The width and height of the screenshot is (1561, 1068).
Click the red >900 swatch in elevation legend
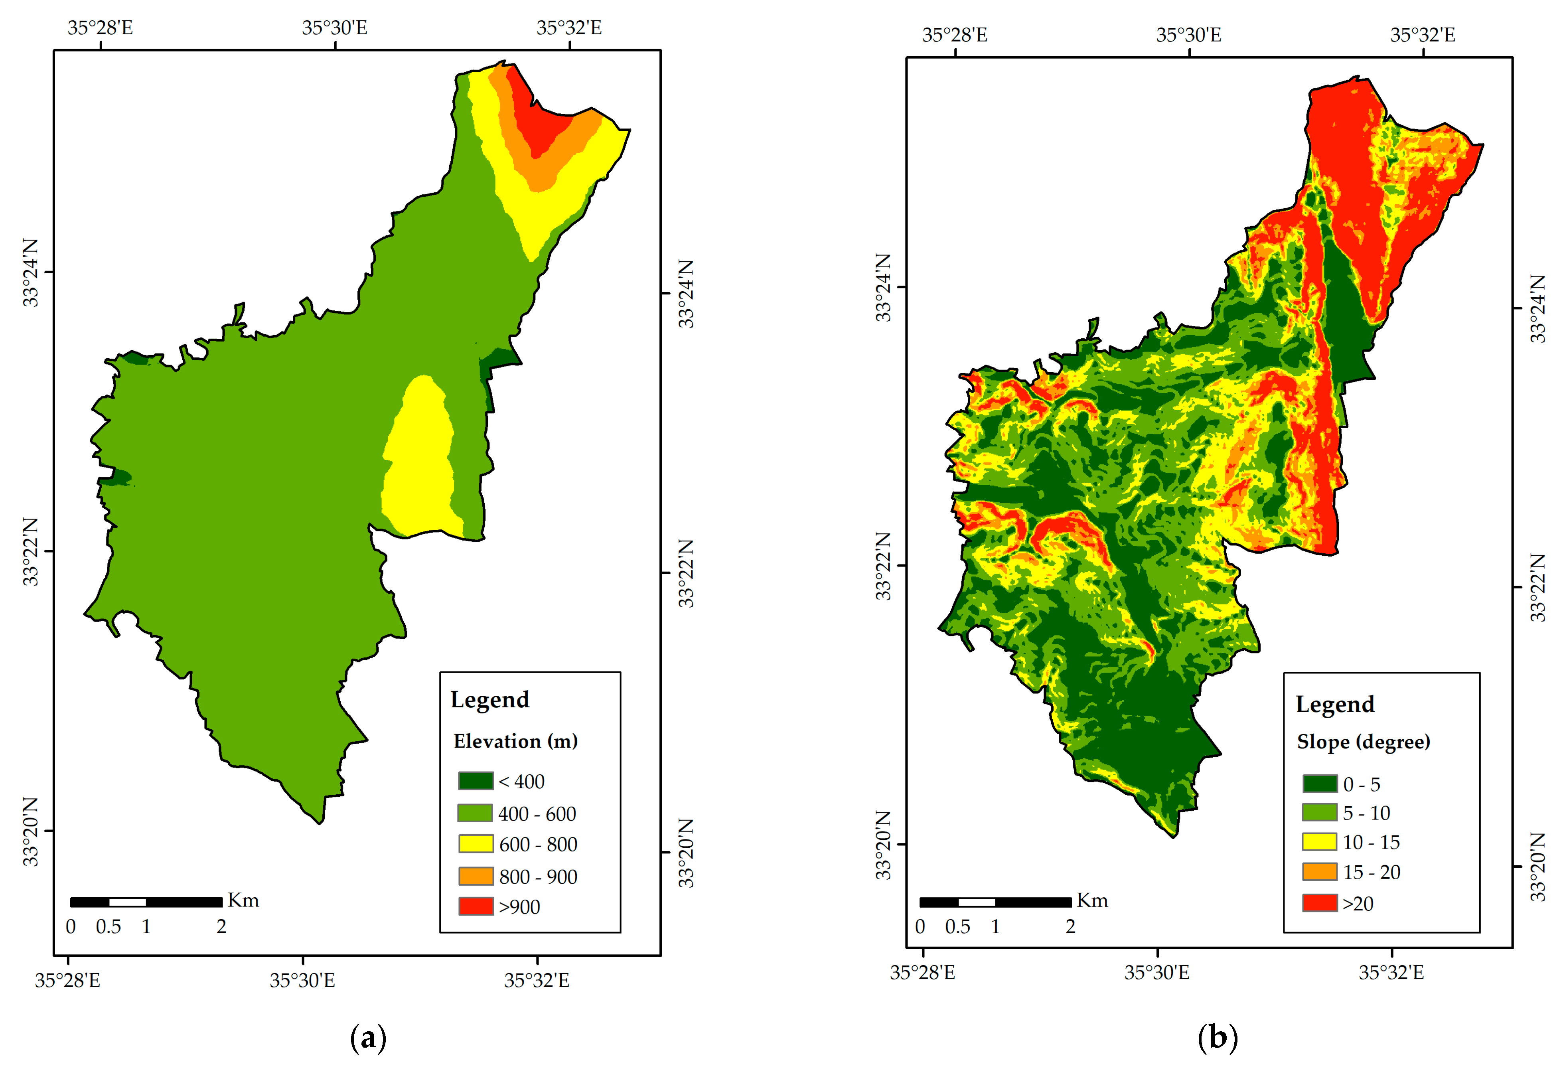click(476, 906)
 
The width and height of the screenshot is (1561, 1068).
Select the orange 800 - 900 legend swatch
click(476, 875)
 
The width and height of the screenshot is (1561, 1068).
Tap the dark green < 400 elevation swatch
click(476, 780)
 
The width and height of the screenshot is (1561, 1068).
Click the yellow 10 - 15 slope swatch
click(1319, 842)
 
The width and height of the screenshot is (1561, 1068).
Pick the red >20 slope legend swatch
click(1319, 902)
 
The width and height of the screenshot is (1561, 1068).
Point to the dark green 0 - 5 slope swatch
click(1319, 783)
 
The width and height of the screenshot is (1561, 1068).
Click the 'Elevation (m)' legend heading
click(515, 741)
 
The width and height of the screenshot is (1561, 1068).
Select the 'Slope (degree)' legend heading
click(1363, 742)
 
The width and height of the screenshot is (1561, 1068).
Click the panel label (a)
click(368, 1038)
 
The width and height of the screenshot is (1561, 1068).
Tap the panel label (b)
click(1217, 1038)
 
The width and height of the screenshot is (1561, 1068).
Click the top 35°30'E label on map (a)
click(334, 28)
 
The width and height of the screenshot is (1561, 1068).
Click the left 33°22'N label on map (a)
click(31, 552)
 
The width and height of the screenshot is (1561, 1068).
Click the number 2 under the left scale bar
click(221, 926)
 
